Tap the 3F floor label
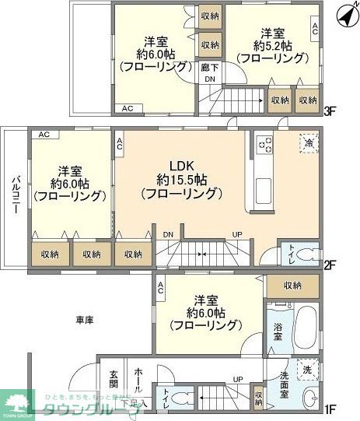click(x=329, y=111)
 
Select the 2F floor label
click(x=329, y=265)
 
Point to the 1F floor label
click(x=329, y=407)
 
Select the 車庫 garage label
click(x=86, y=320)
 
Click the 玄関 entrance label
click(x=113, y=379)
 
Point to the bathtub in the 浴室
click(x=305, y=326)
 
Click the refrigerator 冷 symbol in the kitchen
click(x=307, y=144)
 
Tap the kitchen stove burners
click(x=264, y=145)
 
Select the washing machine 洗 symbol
click(x=308, y=370)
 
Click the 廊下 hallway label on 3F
click(x=208, y=68)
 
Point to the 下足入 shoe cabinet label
click(x=134, y=403)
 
